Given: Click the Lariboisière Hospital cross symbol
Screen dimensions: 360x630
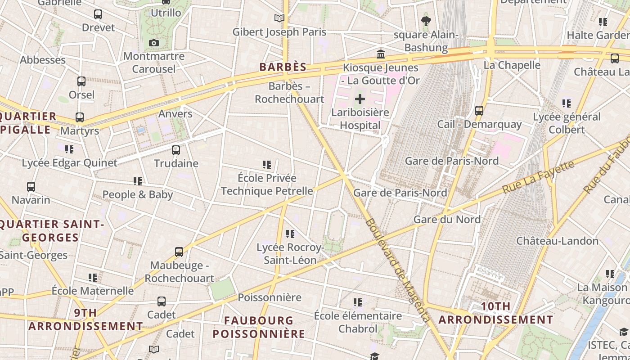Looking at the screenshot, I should (360, 99).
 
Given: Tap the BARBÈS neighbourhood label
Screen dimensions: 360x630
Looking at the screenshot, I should (283, 67).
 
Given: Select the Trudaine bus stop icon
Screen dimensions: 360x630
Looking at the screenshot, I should (176, 150).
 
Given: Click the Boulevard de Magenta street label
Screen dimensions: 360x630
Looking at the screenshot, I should (397, 270).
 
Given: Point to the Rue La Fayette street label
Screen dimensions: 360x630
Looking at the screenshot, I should (538, 176).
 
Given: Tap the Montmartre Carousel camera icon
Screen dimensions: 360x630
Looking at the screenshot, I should (154, 43).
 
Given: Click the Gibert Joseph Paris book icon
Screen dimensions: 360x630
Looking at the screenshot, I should (279, 18).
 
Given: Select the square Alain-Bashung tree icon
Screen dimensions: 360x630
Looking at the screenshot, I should (426, 21).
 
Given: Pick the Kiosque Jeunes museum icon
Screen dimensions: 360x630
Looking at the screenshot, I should (381, 54).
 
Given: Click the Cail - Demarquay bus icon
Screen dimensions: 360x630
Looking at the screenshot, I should (479, 110).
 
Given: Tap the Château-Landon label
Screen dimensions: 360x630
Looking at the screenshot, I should (557, 241).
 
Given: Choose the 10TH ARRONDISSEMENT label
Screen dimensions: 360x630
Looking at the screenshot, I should (496, 313).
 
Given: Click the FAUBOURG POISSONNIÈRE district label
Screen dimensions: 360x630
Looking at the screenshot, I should (259, 327).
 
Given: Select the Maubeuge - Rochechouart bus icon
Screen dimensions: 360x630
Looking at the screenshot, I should (179, 252).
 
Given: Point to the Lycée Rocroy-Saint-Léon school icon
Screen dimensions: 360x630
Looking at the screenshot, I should (290, 234).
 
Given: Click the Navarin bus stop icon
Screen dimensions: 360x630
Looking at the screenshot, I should (31, 186).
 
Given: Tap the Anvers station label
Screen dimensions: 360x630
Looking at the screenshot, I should (175, 114).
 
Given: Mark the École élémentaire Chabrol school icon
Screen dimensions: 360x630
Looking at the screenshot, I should (358, 302).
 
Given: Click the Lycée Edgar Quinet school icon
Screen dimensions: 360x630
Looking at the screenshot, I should (69, 149).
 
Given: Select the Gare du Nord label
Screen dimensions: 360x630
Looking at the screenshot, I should (447, 219).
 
